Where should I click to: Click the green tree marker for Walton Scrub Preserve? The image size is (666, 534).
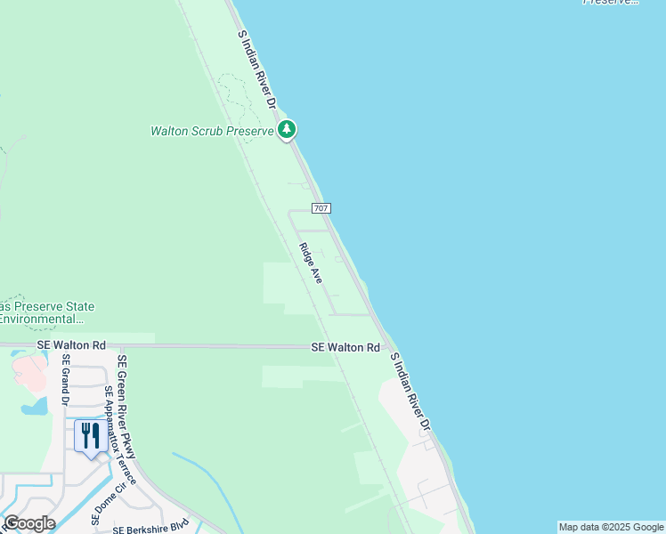tap(287, 130)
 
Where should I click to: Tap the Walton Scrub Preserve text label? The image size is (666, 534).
tap(212, 131)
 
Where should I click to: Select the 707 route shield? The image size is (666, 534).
tap(322, 207)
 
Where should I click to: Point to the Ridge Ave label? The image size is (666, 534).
tap(311, 263)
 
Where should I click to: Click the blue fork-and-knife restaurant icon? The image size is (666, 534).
tap(90, 436)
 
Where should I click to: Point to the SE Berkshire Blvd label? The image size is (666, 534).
tap(151, 526)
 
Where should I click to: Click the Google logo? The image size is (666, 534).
tap(29, 523)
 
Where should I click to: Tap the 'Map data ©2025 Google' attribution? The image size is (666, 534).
tap(612, 527)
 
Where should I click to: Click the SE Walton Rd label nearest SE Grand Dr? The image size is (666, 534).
tap(71, 345)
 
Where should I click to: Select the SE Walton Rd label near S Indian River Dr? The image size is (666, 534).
tap(345, 347)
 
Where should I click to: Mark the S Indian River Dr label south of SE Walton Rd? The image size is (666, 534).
tap(410, 392)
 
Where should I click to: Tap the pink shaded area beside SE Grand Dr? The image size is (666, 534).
tap(29, 371)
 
